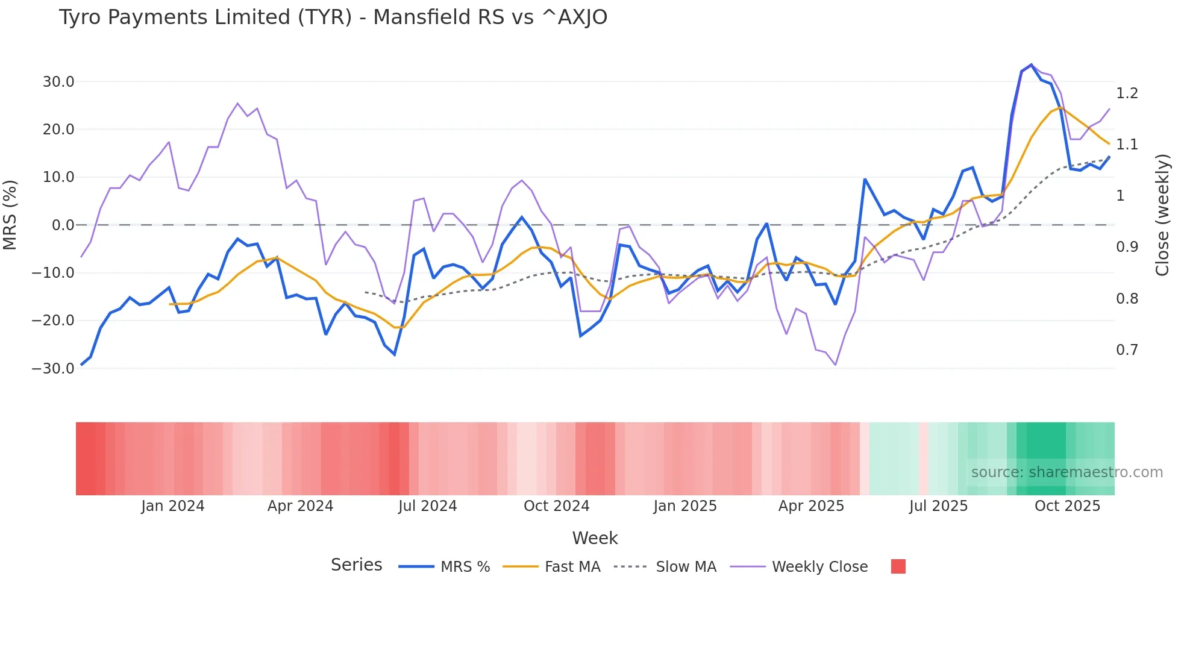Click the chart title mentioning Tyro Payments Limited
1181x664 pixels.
pos(333,17)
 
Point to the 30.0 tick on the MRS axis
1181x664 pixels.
pos(58,81)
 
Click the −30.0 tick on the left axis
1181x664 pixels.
pos(53,368)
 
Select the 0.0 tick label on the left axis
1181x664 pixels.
pos(63,225)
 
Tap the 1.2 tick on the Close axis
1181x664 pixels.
pos(1127,93)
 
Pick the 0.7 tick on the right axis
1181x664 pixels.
pos(1127,350)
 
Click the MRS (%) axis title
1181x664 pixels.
pos(10,215)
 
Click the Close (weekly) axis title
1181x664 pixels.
pos(1162,215)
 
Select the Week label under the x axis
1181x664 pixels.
pos(595,538)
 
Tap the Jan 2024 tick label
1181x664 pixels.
pos(173,506)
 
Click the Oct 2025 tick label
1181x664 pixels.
pos(1067,506)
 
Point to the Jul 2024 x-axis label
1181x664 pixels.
pos(427,506)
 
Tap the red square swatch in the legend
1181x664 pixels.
pos(898,566)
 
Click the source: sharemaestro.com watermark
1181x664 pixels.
pos(1067,472)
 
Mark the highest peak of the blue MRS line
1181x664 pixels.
pos(1031,64)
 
